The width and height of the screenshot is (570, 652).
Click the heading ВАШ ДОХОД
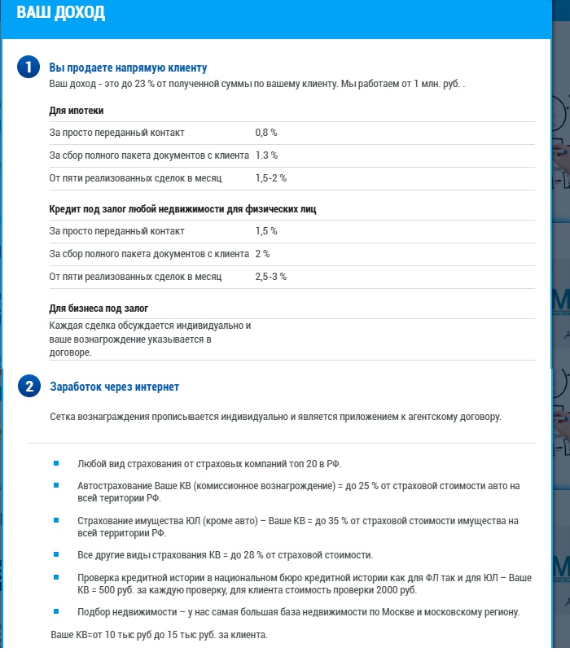click(x=60, y=14)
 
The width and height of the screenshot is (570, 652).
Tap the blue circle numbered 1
click(x=28, y=68)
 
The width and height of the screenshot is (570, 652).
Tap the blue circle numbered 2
click(x=28, y=387)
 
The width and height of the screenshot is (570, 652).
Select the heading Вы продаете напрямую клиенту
click(x=129, y=68)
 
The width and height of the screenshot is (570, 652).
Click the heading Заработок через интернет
click(x=115, y=387)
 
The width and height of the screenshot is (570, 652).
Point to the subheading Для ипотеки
click(x=77, y=111)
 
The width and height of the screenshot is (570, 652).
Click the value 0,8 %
click(x=266, y=132)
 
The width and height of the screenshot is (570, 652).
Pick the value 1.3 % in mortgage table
click(x=266, y=155)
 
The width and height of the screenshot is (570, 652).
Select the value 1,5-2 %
click(x=270, y=177)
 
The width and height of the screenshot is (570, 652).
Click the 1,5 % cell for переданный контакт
click(x=266, y=231)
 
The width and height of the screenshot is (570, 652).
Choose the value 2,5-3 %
click(x=270, y=277)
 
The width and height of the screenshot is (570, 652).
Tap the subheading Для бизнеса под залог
click(x=99, y=308)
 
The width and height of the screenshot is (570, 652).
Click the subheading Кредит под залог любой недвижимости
click(x=182, y=209)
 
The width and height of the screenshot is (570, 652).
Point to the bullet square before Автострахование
click(x=56, y=485)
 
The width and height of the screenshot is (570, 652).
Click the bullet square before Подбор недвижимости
click(x=56, y=611)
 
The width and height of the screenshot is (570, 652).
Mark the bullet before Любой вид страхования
click(x=56, y=462)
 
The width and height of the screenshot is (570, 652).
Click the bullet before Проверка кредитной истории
click(x=56, y=577)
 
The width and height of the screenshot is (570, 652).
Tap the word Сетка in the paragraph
click(x=64, y=417)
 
